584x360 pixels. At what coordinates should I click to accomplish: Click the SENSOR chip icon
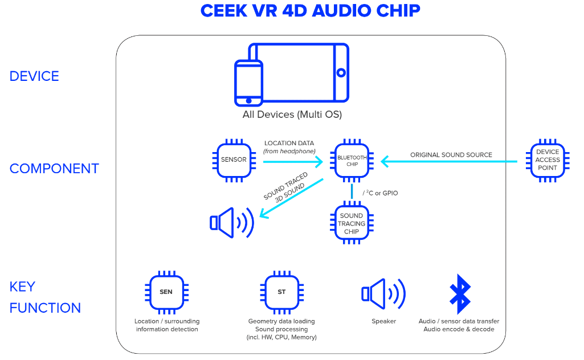(234, 160)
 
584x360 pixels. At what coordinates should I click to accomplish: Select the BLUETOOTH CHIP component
(352, 161)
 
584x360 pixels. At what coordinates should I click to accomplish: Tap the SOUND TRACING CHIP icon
(352, 223)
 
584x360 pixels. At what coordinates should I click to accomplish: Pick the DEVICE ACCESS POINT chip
(548, 160)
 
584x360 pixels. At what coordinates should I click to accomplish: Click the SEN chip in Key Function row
(166, 292)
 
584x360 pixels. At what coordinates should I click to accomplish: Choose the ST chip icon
(282, 292)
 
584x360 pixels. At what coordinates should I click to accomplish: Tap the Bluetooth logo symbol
(460, 294)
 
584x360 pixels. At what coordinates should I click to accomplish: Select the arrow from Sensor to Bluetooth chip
(293, 162)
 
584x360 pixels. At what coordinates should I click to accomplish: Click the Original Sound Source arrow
(449, 162)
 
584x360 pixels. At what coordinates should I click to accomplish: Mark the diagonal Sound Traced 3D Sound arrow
(291, 198)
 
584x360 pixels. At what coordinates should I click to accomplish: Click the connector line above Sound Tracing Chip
(352, 191)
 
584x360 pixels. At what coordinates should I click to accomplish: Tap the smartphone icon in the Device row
(248, 83)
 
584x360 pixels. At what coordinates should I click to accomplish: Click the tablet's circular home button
(341, 72)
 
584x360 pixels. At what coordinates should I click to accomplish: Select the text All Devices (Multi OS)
(292, 114)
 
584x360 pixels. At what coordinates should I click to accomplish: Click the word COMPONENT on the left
(54, 169)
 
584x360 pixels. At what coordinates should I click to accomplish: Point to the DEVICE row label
(34, 76)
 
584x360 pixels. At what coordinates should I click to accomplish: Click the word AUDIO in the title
(341, 10)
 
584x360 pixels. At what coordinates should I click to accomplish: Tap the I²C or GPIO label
(380, 193)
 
